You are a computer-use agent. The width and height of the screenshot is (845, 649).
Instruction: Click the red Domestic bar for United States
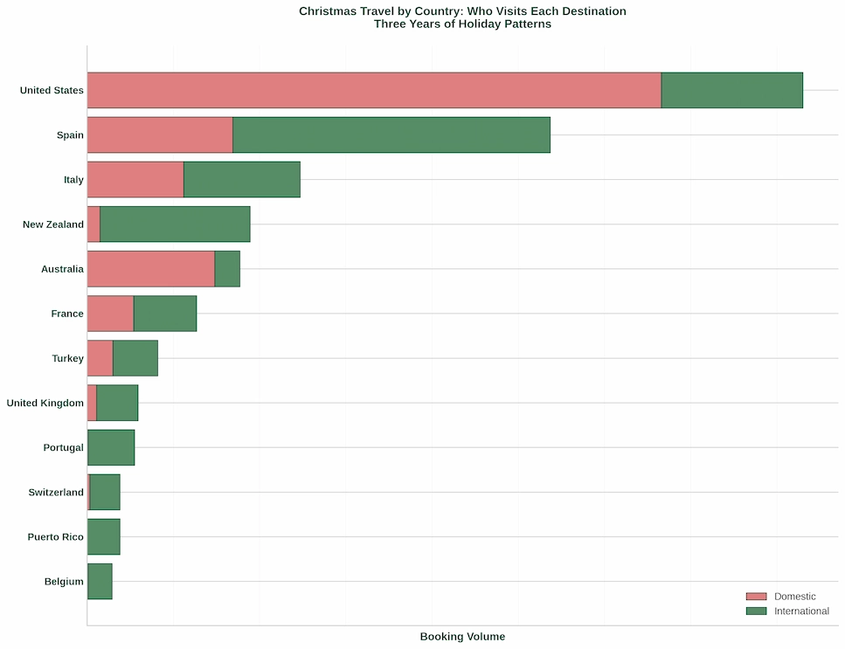tap(374, 91)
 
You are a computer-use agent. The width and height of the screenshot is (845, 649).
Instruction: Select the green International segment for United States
tap(731, 91)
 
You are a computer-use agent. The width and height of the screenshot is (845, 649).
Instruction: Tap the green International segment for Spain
tap(391, 135)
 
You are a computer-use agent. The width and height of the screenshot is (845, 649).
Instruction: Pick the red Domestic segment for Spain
tap(160, 135)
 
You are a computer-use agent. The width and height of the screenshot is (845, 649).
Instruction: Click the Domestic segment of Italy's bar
tap(135, 180)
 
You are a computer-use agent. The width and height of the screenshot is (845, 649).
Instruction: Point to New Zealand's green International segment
tap(175, 224)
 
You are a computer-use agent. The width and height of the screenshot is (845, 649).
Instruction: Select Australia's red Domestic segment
tap(151, 269)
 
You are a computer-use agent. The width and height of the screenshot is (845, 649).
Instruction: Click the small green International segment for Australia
tap(227, 269)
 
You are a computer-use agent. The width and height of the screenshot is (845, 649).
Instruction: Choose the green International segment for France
tap(165, 314)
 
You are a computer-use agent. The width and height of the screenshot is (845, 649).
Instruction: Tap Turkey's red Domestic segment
tap(100, 358)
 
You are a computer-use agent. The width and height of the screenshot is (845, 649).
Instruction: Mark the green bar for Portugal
tap(111, 447)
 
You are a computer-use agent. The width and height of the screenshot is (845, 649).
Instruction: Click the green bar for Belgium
tap(100, 582)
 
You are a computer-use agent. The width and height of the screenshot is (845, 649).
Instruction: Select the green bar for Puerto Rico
tap(104, 537)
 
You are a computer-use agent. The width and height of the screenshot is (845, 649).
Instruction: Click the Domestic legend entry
tap(793, 597)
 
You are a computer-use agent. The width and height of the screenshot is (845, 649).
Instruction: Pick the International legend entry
tap(800, 611)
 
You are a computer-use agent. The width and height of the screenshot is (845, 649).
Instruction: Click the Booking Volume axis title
tap(462, 637)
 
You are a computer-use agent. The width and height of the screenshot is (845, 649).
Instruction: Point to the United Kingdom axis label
tap(45, 404)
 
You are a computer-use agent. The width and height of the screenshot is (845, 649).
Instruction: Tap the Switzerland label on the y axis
tap(56, 493)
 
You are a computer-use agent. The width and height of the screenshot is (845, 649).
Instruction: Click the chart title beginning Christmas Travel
tap(462, 11)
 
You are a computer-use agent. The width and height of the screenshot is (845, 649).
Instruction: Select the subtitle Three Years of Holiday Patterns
tap(462, 24)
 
